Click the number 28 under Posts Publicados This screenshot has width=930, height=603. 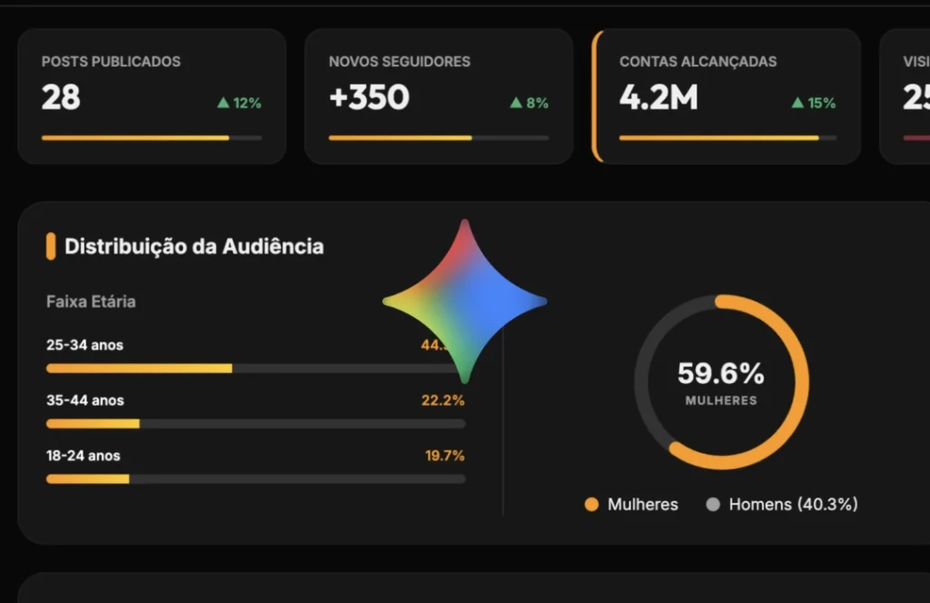pos(61,97)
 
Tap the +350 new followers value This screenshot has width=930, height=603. pos(369,97)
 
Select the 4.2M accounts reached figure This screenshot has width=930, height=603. pos(658,97)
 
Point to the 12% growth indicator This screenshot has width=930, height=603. pos(239,104)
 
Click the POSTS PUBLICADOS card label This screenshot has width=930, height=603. pos(111,62)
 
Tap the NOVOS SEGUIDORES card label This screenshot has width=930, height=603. pos(400,62)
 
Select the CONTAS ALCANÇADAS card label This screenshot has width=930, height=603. pos(697,62)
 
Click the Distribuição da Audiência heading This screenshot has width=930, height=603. pos(193,246)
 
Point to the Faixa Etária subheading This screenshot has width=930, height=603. pos(91,301)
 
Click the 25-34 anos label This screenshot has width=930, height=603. pos(84,345)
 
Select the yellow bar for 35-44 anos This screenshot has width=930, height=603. pos(93,423)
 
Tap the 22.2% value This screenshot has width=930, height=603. pos(443,400)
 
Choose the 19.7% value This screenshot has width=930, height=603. pos(445,455)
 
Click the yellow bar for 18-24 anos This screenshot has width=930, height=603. pos(87,479)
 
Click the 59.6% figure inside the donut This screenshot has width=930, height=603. pos(721,373)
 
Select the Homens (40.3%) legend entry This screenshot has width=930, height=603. pos(782,504)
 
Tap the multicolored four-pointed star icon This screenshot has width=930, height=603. pos(465,301)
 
